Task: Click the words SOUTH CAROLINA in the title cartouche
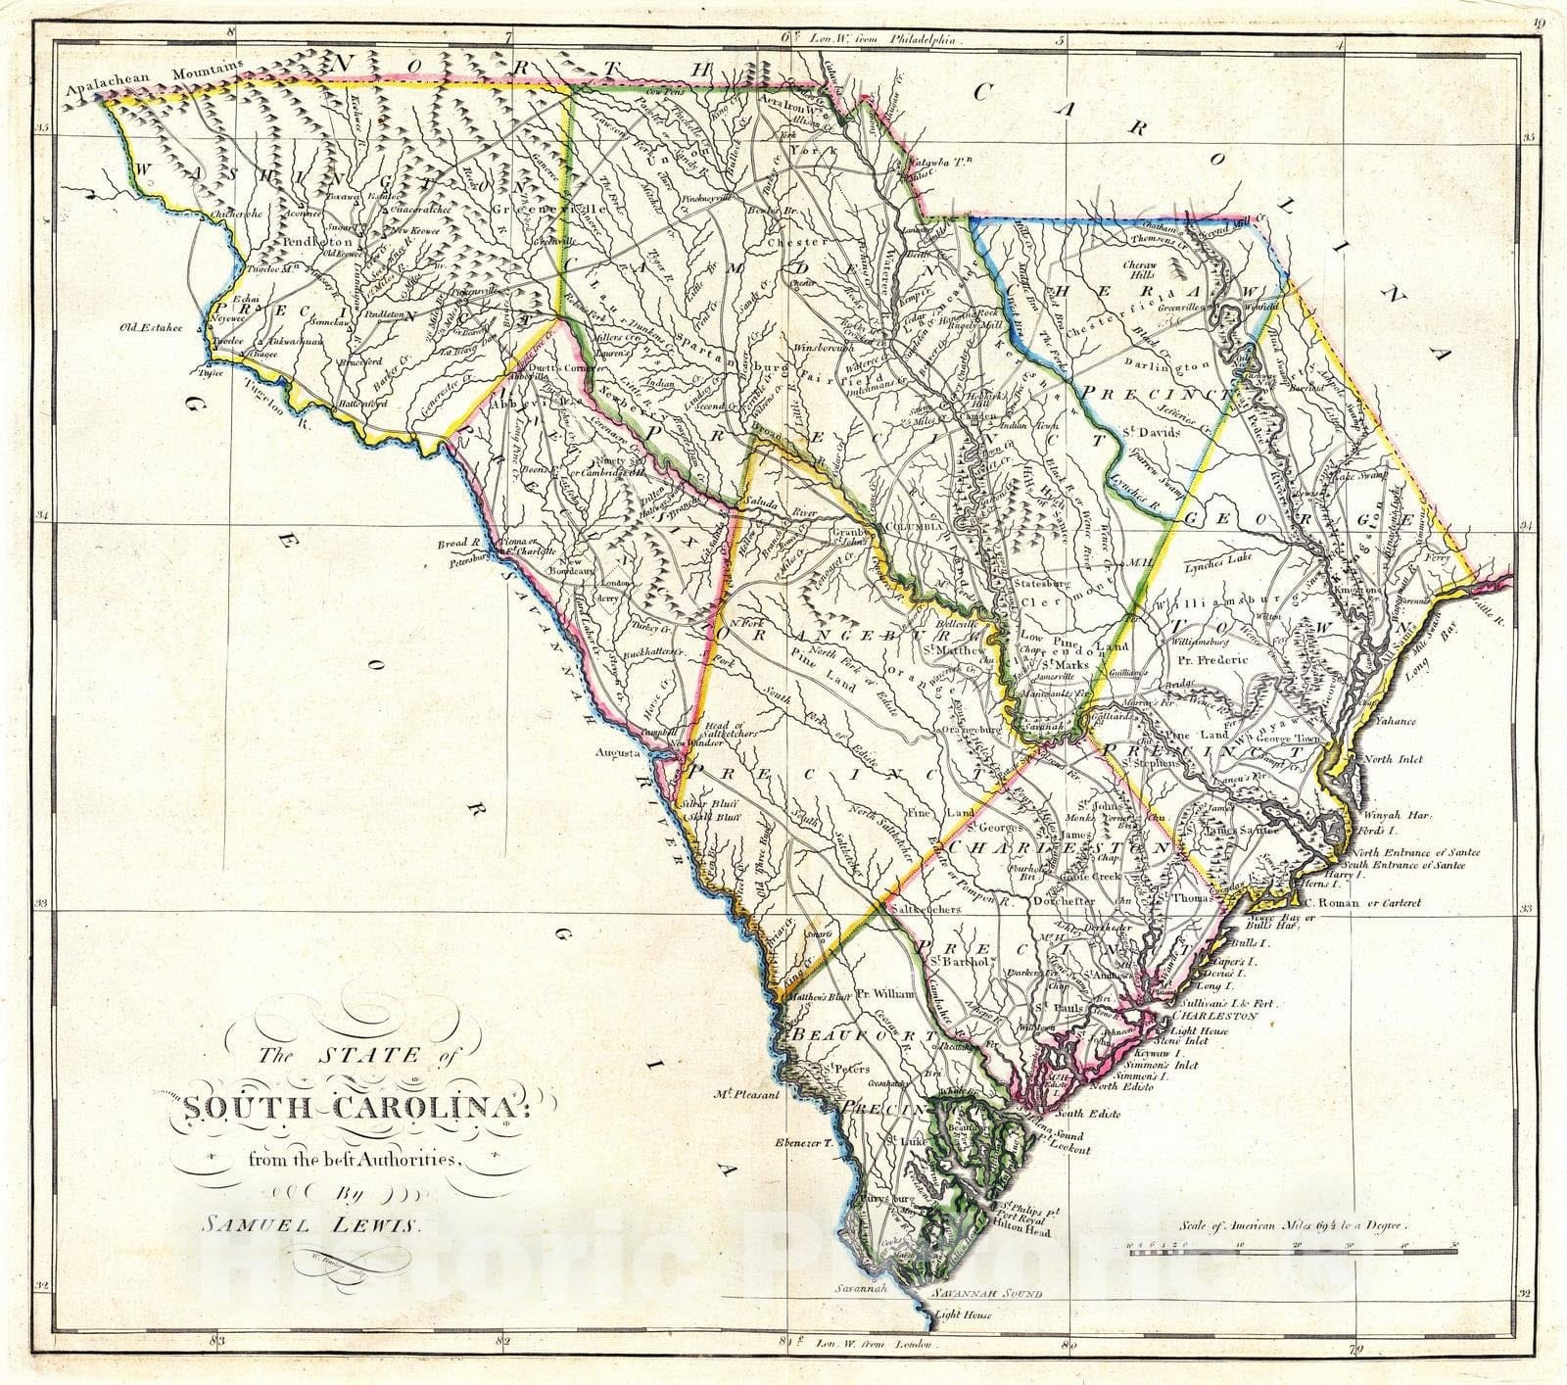coord(336,1109)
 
